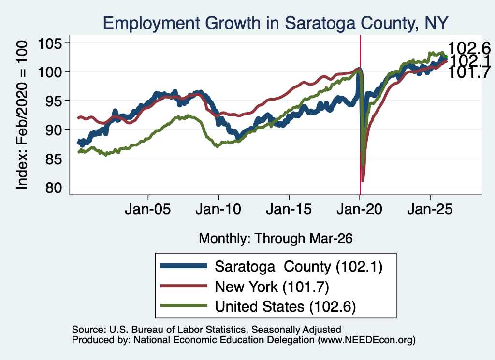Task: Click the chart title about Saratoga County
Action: coord(276,23)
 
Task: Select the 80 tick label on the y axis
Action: coord(54,187)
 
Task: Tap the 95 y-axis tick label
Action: coord(54,101)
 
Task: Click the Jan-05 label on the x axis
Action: coord(148,209)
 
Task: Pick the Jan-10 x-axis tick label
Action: coord(218,209)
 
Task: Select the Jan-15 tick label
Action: coord(289,209)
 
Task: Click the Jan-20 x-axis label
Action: coord(359,209)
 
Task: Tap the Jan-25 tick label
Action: coord(430,209)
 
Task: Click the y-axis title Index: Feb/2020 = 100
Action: coord(22,115)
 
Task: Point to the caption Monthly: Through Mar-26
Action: coord(276,239)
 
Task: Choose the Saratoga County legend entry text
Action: coord(299,267)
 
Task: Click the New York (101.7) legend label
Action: coord(272,287)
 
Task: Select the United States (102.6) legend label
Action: coord(285,307)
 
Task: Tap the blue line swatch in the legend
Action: coord(184,266)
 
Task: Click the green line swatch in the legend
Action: coord(184,306)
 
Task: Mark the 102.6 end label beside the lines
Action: coord(469,48)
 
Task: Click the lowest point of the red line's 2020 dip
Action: coord(363,181)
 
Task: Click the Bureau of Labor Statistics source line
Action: coord(206,330)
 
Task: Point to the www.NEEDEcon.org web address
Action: coord(366,340)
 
